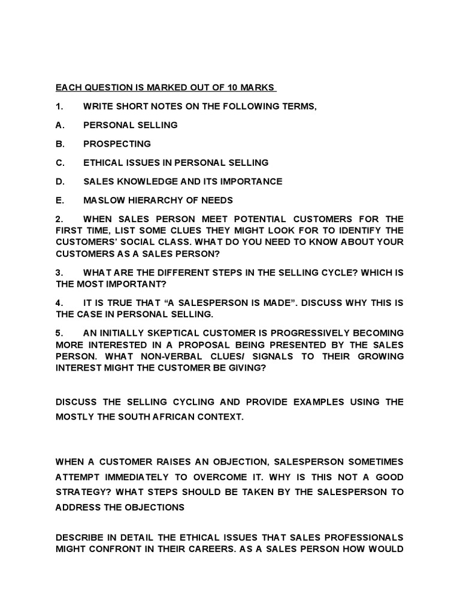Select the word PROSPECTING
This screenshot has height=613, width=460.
coord(117,144)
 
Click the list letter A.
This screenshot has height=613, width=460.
coord(59,125)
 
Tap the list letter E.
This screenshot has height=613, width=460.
coord(59,200)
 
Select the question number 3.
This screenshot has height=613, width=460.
coord(59,272)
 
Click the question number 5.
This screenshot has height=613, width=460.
coord(59,332)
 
